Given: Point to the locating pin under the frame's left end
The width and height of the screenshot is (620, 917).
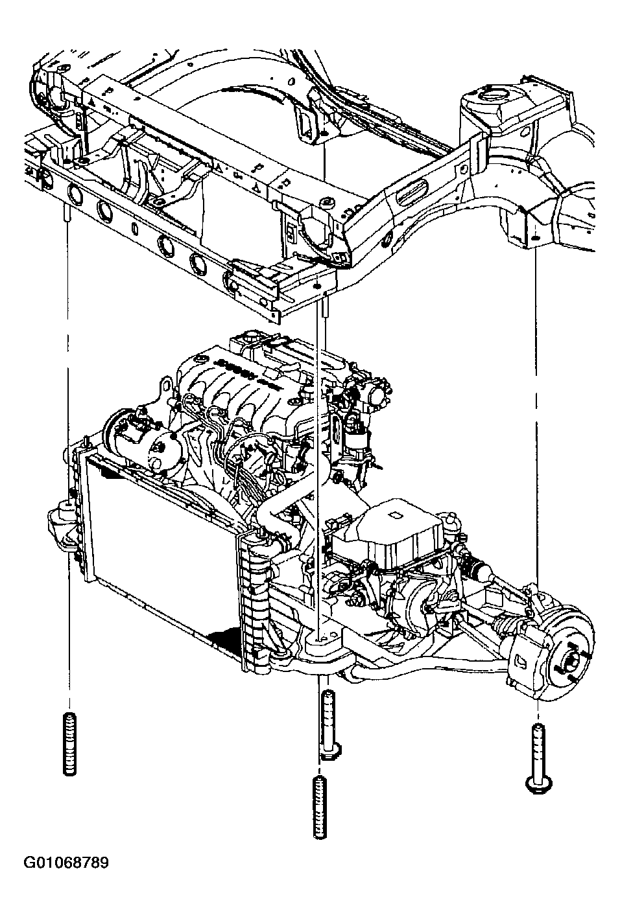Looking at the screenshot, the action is pos(66,213).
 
